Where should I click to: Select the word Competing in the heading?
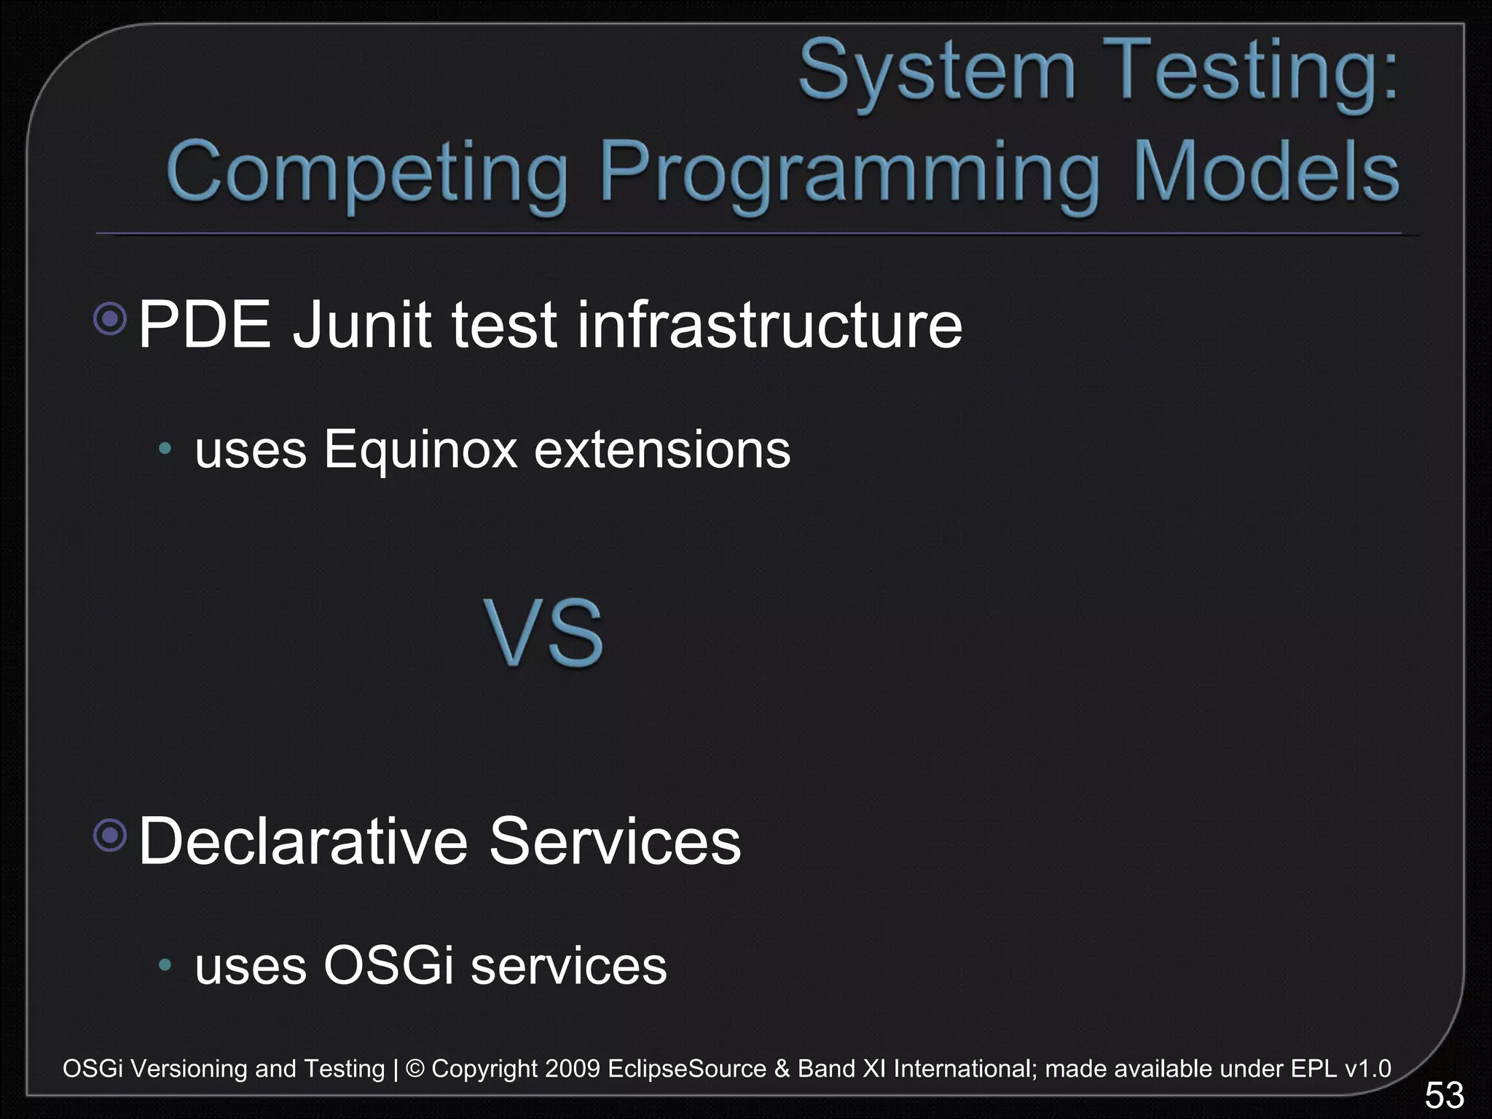pos(367,173)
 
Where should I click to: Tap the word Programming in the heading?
pos(848,173)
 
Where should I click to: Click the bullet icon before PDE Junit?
pos(111,318)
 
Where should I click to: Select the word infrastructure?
pos(769,325)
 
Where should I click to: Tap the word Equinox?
pos(420,450)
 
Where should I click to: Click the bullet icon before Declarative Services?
pos(111,835)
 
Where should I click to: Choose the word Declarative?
pos(302,841)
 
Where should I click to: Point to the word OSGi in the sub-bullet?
pos(388,966)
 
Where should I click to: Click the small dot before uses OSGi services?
pos(165,965)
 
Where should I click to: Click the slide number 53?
pos(1444,1095)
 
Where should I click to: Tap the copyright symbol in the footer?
pos(415,1069)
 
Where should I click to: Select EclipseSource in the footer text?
pos(686,1069)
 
